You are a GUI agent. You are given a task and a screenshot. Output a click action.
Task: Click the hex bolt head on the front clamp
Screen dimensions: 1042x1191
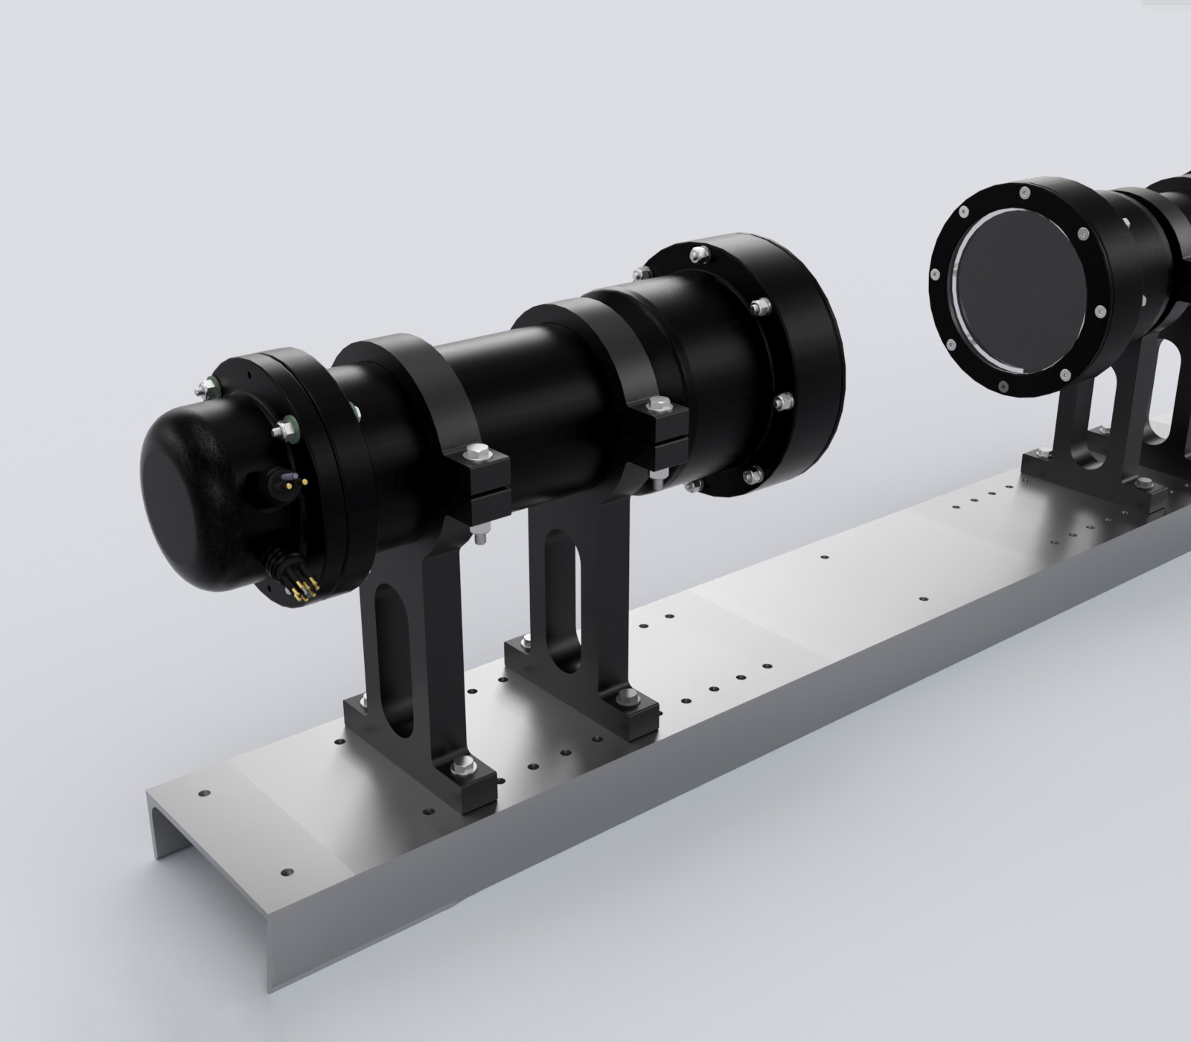[476, 452]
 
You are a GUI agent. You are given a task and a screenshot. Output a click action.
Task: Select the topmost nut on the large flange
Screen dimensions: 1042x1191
[697, 252]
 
